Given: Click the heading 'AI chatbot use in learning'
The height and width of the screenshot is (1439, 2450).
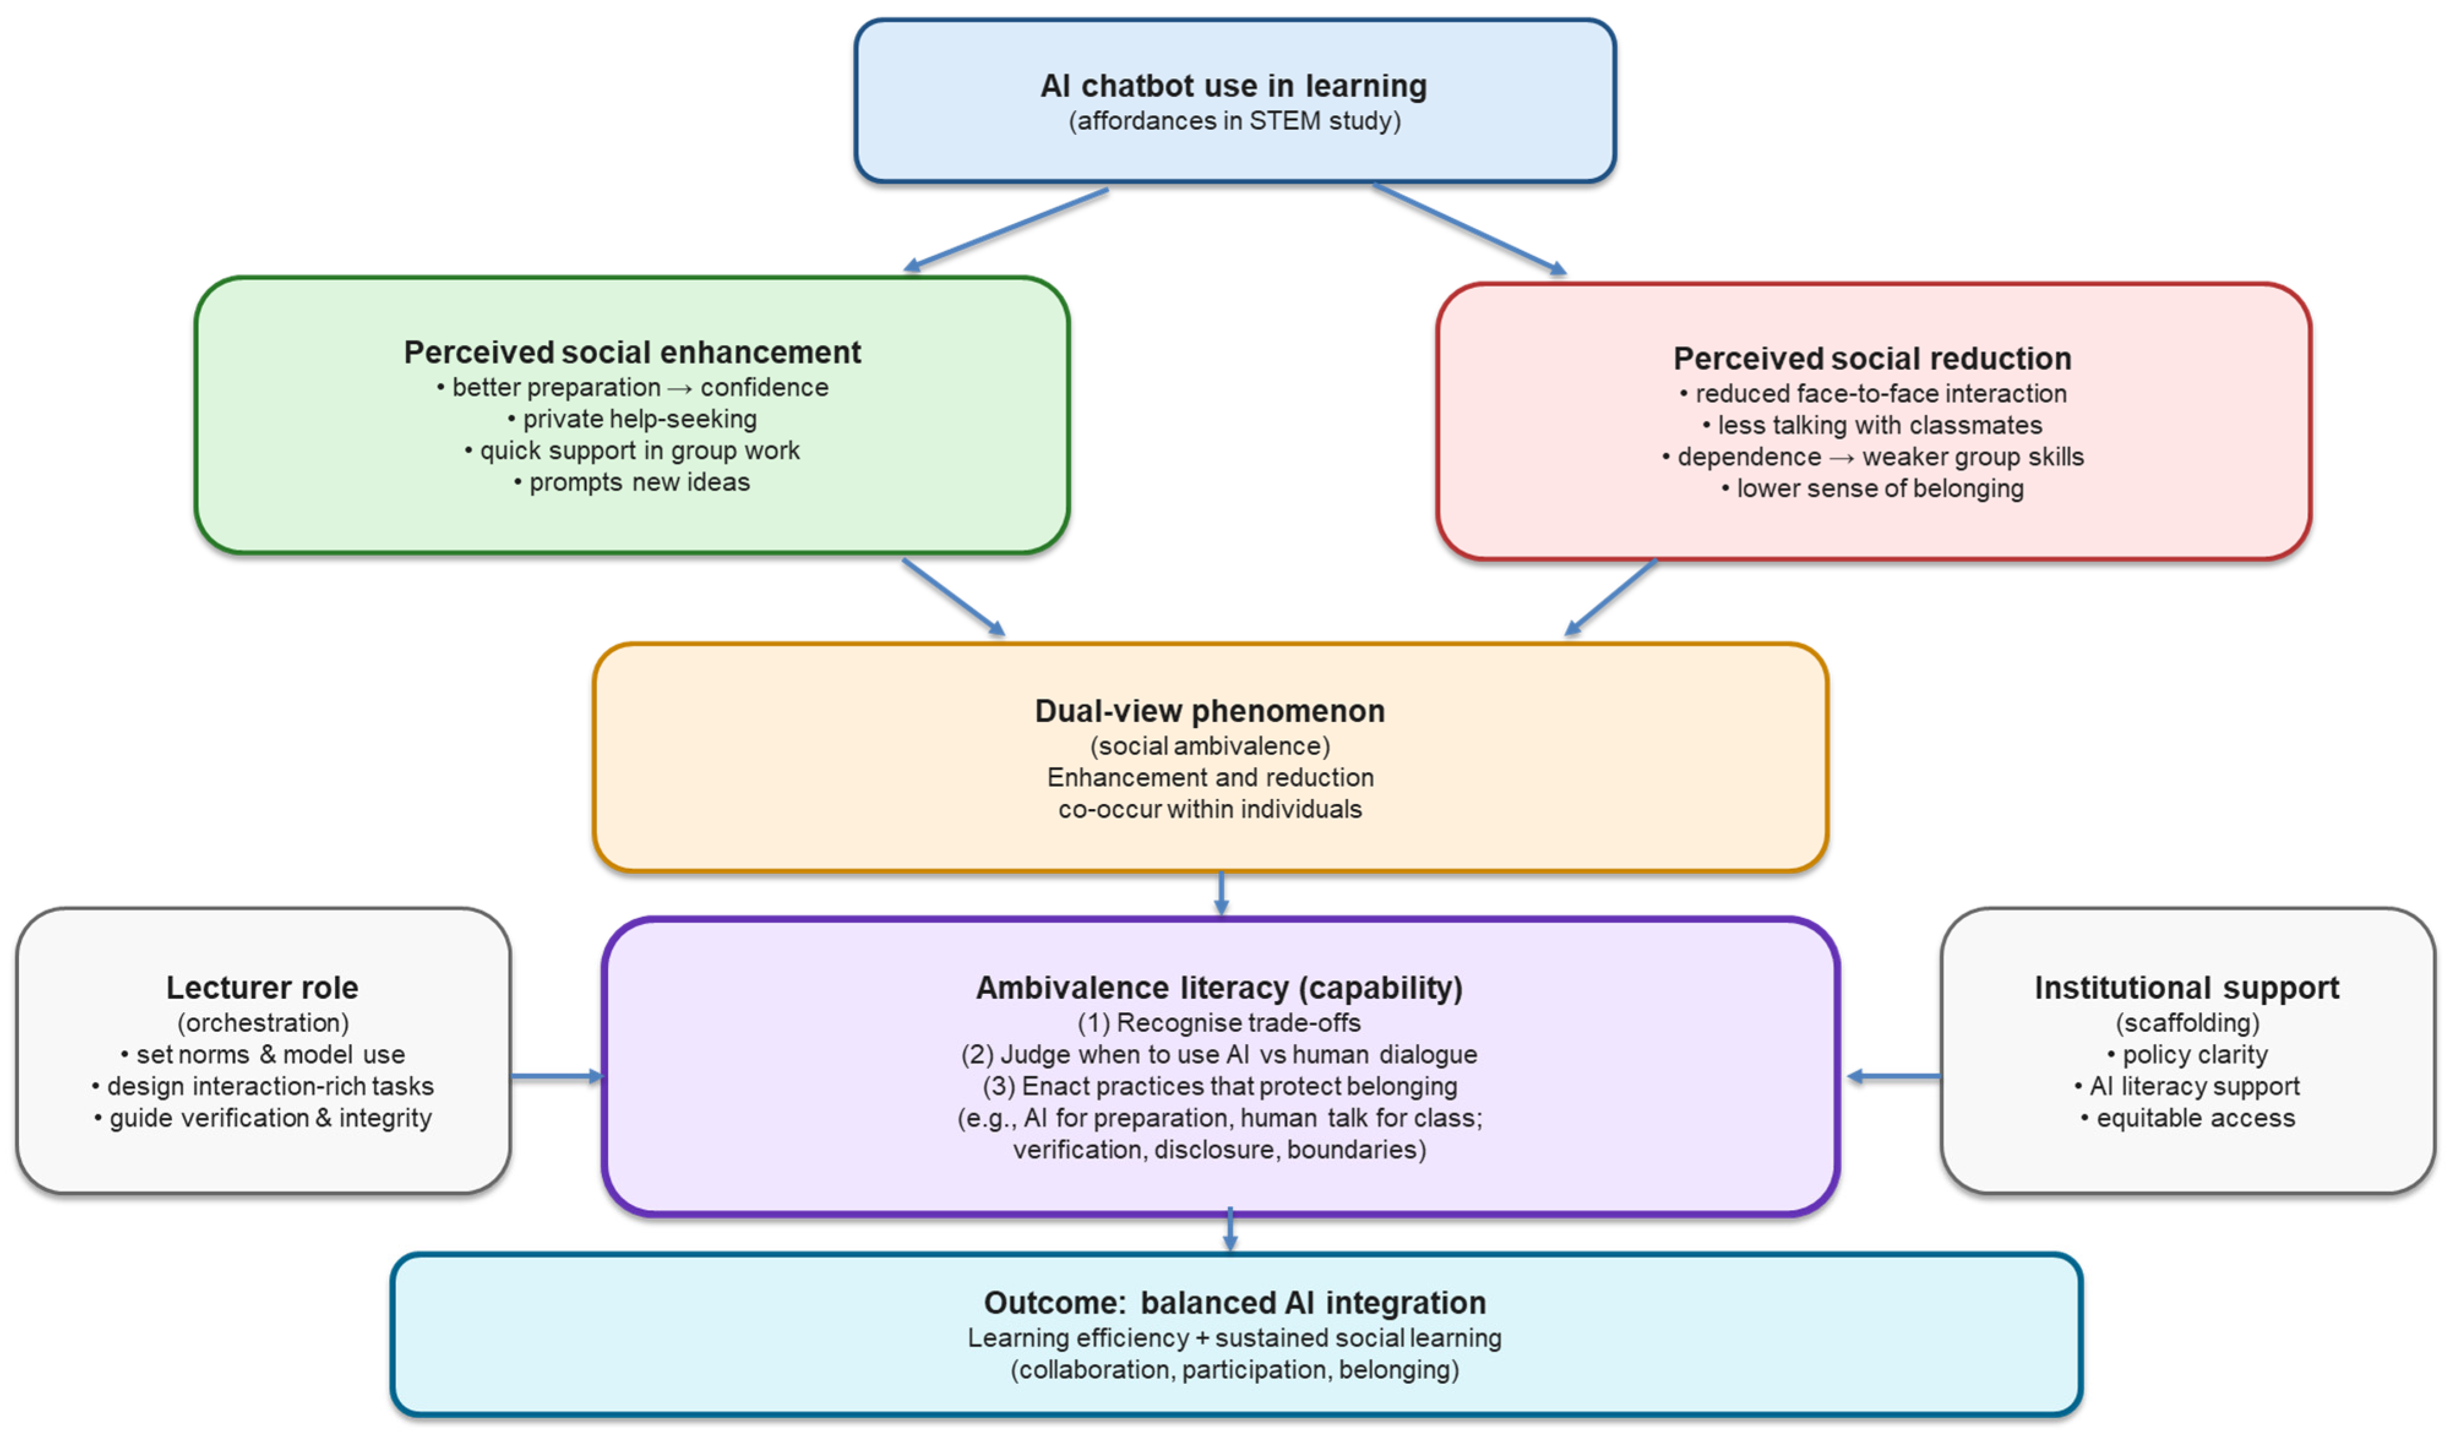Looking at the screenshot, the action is [1234, 86].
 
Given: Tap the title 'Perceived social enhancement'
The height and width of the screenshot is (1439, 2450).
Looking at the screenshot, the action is [632, 352].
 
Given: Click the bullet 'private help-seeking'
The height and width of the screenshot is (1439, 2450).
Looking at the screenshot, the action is [632, 419].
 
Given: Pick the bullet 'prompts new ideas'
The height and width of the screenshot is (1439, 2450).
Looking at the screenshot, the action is [632, 483].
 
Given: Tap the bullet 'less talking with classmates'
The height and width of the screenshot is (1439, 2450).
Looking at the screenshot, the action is [1873, 425].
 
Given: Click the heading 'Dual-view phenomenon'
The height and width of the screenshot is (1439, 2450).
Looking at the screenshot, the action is [1209, 711].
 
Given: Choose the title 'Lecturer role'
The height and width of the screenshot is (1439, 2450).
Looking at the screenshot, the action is [263, 988].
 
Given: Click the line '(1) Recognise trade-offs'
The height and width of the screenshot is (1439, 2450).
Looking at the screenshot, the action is [1219, 1023].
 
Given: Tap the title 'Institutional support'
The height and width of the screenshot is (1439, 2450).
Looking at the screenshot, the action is [2187, 988].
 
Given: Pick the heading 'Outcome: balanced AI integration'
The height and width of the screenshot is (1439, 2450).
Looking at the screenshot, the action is [1234, 1303].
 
